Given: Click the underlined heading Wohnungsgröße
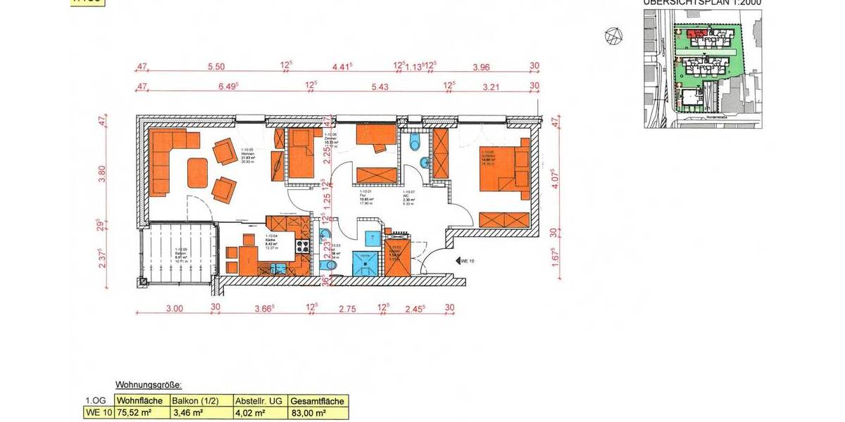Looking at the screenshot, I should pyautogui.click(x=149, y=385).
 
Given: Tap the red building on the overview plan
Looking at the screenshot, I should pyautogui.click(x=696, y=32).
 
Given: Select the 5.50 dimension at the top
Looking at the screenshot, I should pyautogui.click(x=215, y=67).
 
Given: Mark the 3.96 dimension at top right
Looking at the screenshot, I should pyautogui.click(x=482, y=67).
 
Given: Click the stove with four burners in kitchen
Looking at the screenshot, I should pyautogui.click(x=303, y=246).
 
